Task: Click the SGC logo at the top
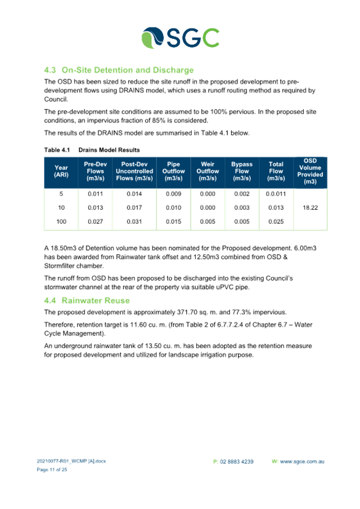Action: tap(181, 38)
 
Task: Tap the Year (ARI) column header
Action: tap(61, 171)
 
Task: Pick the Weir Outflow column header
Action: tap(208, 171)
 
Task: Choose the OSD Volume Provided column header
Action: tap(310, 171)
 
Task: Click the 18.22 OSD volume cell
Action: tap(310, 208)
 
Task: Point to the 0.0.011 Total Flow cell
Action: tap(276, 194)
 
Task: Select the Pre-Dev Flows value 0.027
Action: tap(95, 221)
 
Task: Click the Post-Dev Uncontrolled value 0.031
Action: tap(134, 221)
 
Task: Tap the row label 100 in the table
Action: tap(61, 221)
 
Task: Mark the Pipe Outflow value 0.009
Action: tap(174, 194)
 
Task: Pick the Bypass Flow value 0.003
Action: tap(242, 208)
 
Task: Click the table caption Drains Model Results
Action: tap(109, 150)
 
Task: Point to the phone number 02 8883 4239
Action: tap(236, 462)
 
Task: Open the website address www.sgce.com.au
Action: tap(302, 462)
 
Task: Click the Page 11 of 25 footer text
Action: tap(52, 470)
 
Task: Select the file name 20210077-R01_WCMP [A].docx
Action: tap(71, 461)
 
